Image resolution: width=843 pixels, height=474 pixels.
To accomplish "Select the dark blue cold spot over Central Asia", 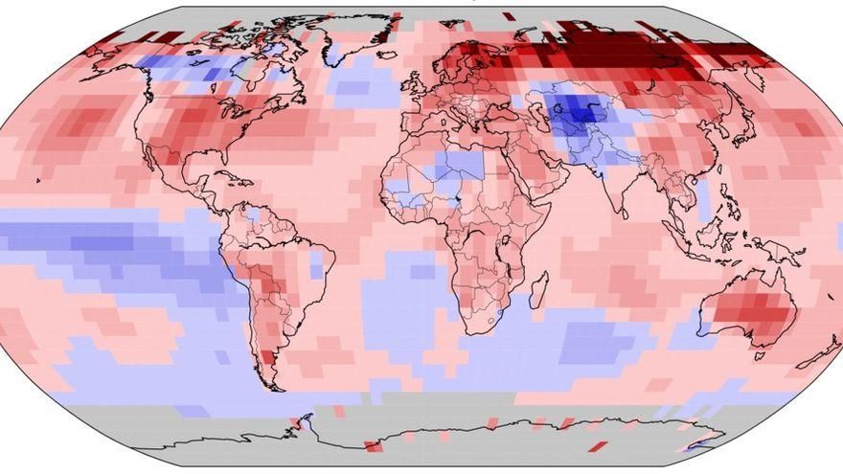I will pyautogui.click(x=581, y=115).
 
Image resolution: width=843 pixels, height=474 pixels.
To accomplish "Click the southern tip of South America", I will pyautogui.click(x=273, y=383).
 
